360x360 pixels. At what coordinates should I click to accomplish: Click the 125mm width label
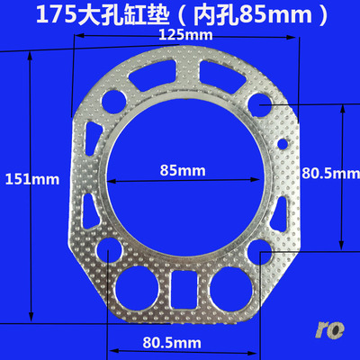click(184, 35)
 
